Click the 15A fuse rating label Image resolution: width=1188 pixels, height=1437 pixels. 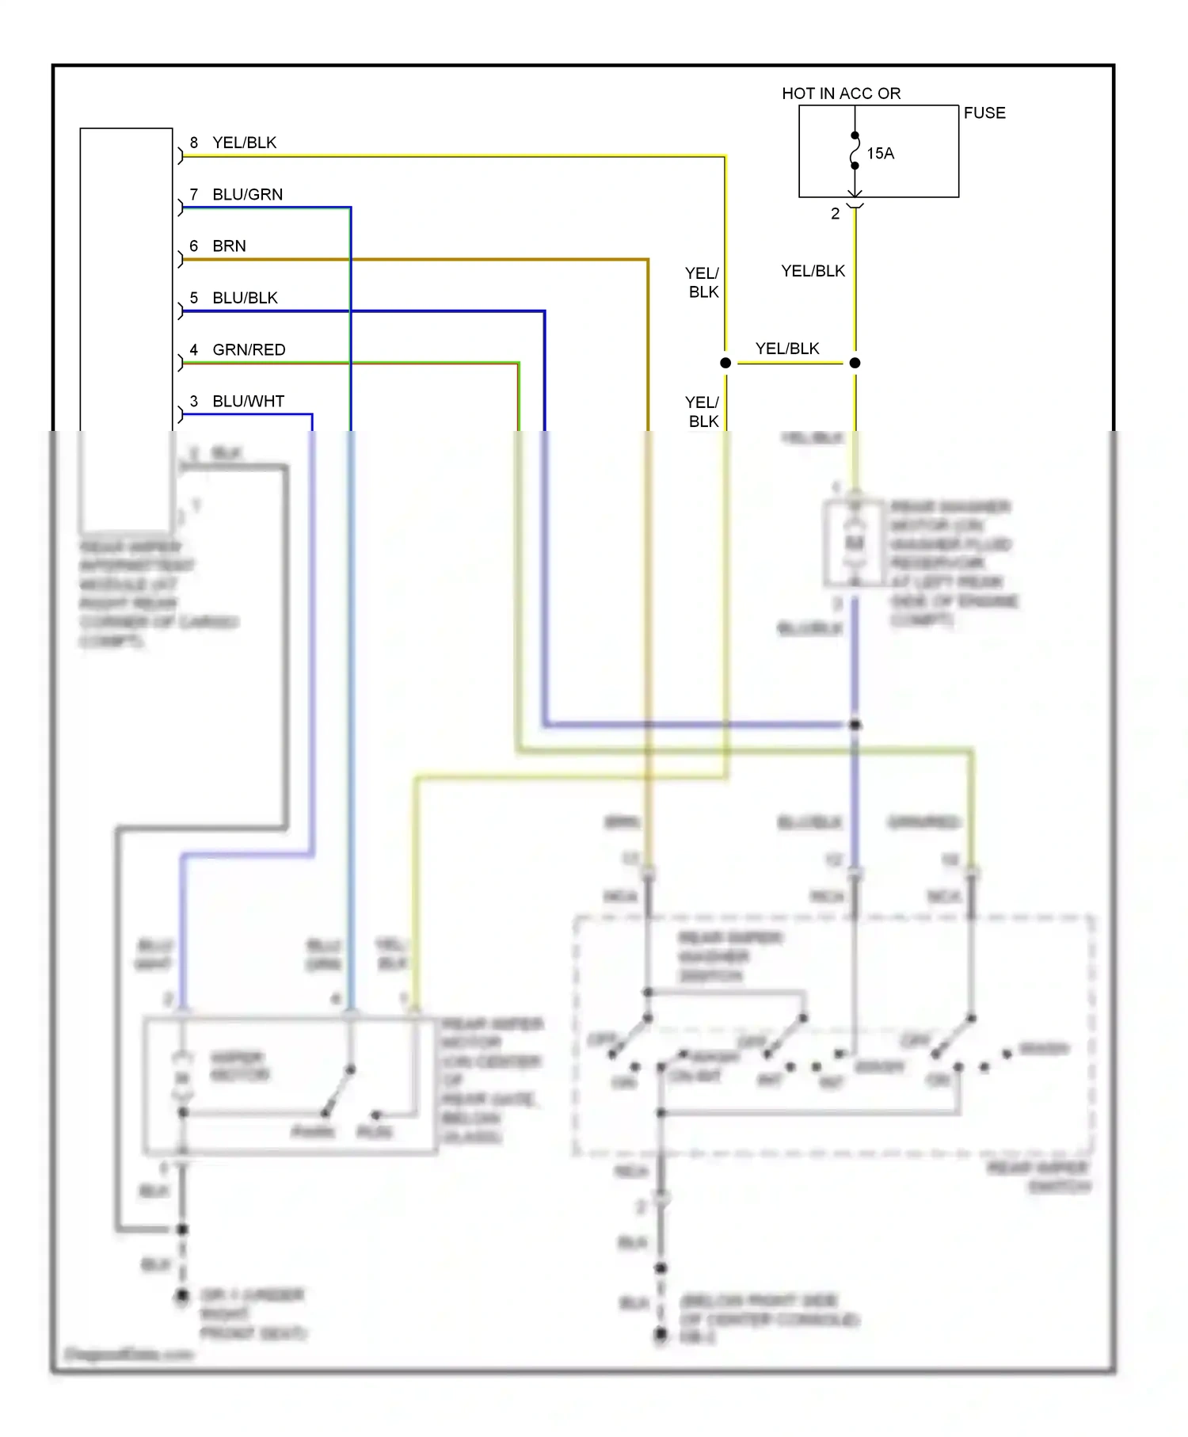pyautogui.click(x=880, y=154)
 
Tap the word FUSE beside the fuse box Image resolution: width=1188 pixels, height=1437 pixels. pyautogui.click(x=984, y=113)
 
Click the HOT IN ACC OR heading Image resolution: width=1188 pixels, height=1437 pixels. pyautogui.click(x=841, y=93)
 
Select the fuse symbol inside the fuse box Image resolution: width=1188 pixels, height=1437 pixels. pyautogui.click(x=855, y=151)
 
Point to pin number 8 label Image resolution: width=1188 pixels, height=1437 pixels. pyautogui.click(x=194, y=143)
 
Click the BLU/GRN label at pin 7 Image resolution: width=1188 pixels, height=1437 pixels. pyautogui.click(x=247, y=195)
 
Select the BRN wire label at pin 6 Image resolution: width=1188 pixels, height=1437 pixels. pyautogui.click(x=229, y=246)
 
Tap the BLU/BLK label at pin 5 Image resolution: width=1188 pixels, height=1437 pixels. pyautogui.click(x=245, y=298)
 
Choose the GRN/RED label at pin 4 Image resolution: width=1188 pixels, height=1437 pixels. pyautogui.click(x=249, y=350)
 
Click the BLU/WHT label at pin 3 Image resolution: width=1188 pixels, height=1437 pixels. pyautogui.click(x=248, y=402)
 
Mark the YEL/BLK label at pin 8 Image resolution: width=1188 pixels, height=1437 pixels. pyautogui.click(x=244, y=143)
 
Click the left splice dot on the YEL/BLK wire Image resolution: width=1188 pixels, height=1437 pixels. pyautogui.click(x=725, y=363)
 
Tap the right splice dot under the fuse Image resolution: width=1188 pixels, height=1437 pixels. pyautogui.click(x=855, y=363)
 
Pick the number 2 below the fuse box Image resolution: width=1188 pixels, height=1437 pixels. pyautogui.click(x=835, y=214)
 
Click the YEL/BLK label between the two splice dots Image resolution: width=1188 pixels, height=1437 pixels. pyautogui.click(x=787, y=349)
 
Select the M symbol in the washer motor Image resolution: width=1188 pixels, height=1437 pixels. pyautogui.click(x=854, y=543)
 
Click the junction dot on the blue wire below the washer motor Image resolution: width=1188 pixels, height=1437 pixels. pyautogui.click(x=855, y=725)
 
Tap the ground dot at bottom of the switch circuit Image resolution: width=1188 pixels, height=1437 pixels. pyautogui.click(x=661, y=1335)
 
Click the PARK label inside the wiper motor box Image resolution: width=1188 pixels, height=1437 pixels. pyautogui.click(x=313, y=1132)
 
